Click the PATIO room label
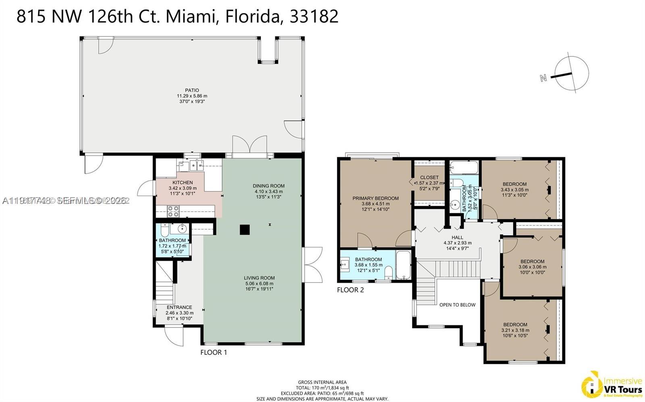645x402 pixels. click(192, 91)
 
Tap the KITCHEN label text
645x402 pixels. click(183, 183)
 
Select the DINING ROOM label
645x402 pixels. click(268, 186)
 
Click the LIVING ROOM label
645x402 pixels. click(259, 278)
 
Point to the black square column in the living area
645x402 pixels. click(245, 229)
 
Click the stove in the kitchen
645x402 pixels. click(173, 211)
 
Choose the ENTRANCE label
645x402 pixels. click(179, 307)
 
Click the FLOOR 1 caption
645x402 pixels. click(214, 353)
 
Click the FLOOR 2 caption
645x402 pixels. click(350, 290)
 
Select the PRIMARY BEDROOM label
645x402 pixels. click(375, 198)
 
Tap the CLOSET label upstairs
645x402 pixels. click(429, 177)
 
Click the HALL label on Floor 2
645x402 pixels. click(457, 237)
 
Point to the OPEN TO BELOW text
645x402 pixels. click(457, 305)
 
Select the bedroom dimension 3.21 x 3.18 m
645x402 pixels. click(515, 330)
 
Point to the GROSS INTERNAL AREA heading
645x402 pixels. click(322, 382)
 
